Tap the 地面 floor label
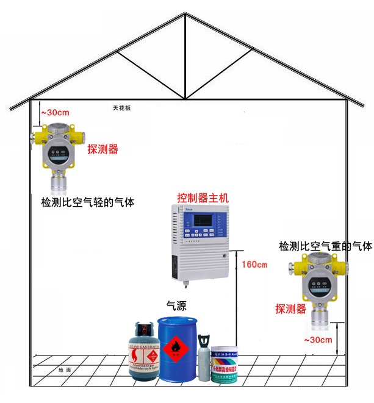click(x=65, y=369)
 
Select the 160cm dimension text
click(x=254, y=265)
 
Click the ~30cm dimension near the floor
click(x=318, y=340)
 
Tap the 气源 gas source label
click(x=178, y=305)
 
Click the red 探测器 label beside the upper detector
click(x=102, y=149)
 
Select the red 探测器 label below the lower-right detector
click(x=290, y=308)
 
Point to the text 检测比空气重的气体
click(x=325, y=246)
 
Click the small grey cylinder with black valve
click(x=204, y=360)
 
